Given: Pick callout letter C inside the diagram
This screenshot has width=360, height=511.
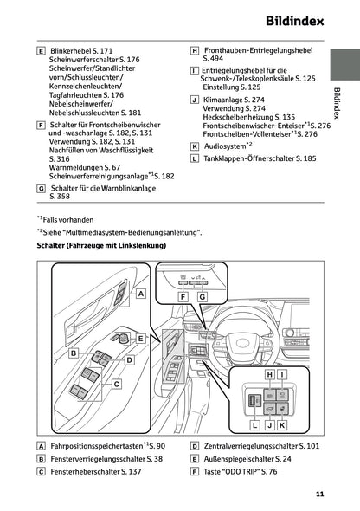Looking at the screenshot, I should click(115, 382).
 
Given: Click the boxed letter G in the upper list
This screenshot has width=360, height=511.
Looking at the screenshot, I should click(42, 187).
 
